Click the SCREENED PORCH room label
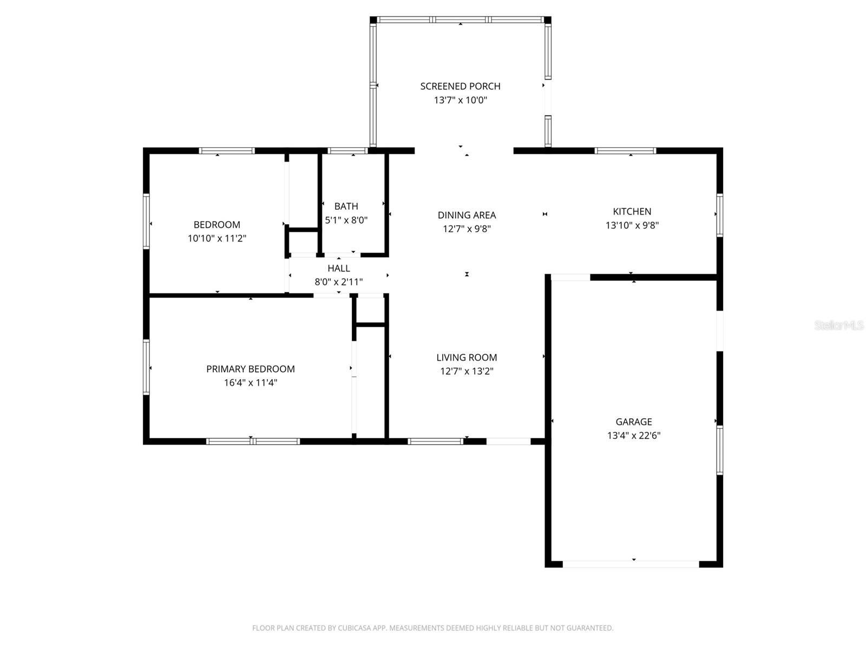[x=460, y=86]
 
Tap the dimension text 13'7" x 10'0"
[x=460, y=100]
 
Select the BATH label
[x=346, y=206]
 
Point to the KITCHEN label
[x=632, y=212]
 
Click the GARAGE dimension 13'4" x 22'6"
[x=633, y=435]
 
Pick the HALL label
[x=339, y=268]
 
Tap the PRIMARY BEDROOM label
[x=250, y=369]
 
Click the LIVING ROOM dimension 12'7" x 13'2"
[x=466, y=372]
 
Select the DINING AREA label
[x=467, y=216]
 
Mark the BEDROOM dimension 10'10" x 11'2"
[x=216, y=238]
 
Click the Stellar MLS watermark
[x=839, y=325]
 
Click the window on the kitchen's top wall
[x=625, y=151]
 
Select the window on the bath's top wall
[x=347, y=151]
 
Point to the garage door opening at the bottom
[x=631, y=564]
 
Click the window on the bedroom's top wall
[x=226, y=151]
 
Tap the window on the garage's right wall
[x=719, y=450]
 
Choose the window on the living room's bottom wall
[x=436, y=441]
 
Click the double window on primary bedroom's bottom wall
[x=253, y=441]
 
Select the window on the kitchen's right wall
[x=719, y=215]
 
